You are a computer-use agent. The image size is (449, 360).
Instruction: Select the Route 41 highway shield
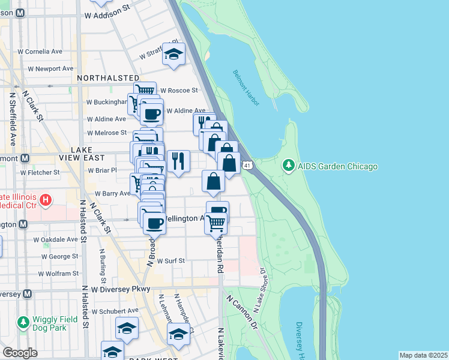[x=247, y=164]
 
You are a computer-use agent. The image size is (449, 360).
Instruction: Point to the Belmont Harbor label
[x=246, y=88]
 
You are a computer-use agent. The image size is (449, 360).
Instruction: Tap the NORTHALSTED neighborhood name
[x=108, y=78]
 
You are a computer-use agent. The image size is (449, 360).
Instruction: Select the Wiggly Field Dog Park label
[x=55, y=324]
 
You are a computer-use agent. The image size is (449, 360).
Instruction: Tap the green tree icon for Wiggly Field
[x=23, y=323]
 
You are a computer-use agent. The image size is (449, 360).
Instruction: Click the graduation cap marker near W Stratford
[x=173, y=55]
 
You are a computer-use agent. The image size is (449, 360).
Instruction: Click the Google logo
[x=20, y=352]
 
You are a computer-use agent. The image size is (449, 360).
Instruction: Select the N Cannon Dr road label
[x=242, y=312]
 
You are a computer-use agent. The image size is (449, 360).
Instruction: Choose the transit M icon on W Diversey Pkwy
[x=26, y=294]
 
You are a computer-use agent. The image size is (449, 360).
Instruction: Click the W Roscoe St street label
[x=178, y=91]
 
